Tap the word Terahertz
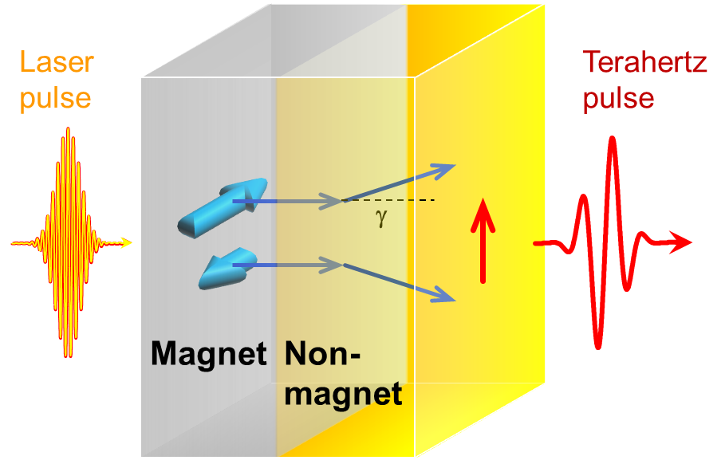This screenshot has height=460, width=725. click(644, 63)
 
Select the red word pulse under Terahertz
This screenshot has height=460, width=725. click(618, 98)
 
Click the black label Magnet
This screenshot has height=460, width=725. click(209, 353)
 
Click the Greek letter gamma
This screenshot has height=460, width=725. click(380, 217)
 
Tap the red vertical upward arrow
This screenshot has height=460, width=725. click(482, 240)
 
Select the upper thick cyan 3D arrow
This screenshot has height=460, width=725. click(221, 206)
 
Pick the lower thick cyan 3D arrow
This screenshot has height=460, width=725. click(225, 270)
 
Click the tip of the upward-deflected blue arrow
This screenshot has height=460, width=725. click(451, 167)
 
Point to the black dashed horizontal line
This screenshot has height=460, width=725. click(399, 199)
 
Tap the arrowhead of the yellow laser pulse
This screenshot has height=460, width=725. click(128, 242)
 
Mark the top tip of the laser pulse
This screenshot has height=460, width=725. click(68, 128)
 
